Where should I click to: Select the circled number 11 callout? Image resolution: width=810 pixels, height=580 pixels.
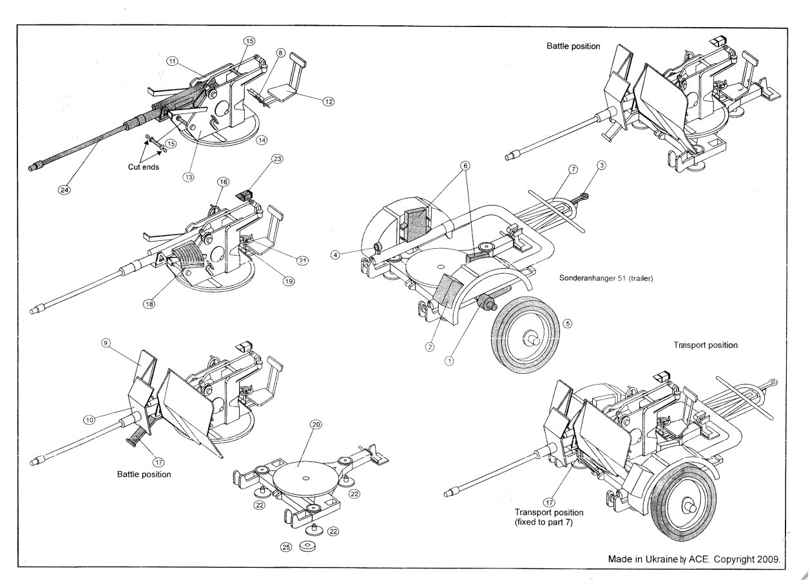pyautogui.click(x=172, y=61)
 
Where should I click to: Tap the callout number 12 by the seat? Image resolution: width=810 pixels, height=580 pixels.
pyautogui.click(x=329, y=101)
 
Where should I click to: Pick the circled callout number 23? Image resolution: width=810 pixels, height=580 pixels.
pyautogui.click(x=277, y=160)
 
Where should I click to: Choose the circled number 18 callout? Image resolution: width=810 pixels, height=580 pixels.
pyautogui.click(x=149, y=304)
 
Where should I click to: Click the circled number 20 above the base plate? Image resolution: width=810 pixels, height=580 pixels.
pyautogui.click(x=315, y=425)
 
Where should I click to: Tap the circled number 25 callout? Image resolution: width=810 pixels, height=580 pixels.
pyautogui.click(x=286, y=546)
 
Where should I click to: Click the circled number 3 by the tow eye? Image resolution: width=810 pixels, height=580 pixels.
pyautogui.click(x=601, y=166)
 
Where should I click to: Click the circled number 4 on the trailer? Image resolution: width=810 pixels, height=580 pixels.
pyautogui.click(x=335, y=255)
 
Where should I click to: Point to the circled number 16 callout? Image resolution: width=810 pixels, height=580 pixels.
pyautogui.click(x=222, y=183)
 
